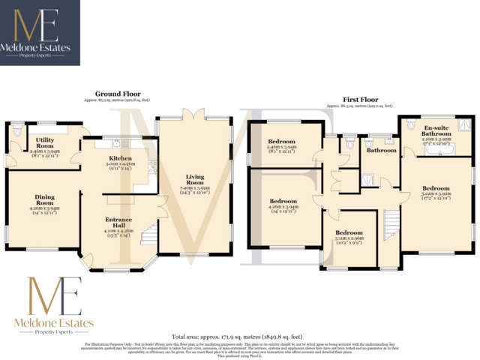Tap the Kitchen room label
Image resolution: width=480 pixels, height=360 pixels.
(120, 159)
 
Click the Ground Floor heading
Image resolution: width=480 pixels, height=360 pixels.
(117, 94)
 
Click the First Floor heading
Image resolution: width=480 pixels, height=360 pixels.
(361, 100)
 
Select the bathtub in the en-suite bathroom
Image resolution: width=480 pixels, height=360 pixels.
(437, 150)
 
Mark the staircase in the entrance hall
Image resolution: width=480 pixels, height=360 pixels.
(150, 229)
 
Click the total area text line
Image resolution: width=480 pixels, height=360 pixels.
(237, 337)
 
